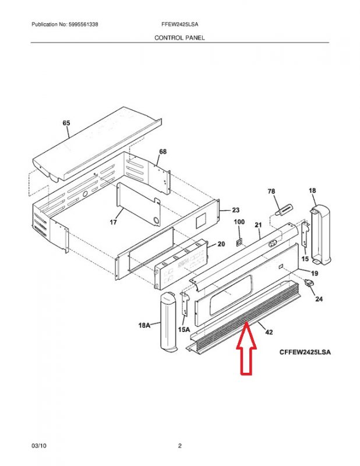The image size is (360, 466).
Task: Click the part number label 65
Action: pyautogui.click(x=66, y=123)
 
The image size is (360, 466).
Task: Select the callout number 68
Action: pyautogui.click(x=163, y=151)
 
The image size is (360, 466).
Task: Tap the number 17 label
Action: pyautogui.click(x=113, y=222)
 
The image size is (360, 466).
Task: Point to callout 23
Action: pyautogui.click(x=236, y=210)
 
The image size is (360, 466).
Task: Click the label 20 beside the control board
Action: pyautogui.click(x=221, y=244)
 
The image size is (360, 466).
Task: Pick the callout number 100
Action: pyautogui.click(x=239, y=222)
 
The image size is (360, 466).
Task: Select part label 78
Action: pyautogui.click(x=271, y=192)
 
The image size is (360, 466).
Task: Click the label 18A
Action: pyautogui.click(x=144, y=326)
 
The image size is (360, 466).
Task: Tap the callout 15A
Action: pyautogui.click(x=183, y=329)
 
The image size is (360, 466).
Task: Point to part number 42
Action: pyautogui.click(x=269, y=332)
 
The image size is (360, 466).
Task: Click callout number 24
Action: pyautogui.click(x=319, y=299)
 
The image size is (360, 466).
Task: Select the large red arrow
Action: pyautogui.click(x=246, y=348)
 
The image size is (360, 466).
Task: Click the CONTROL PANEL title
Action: pyautogui.click(x=179, y=38)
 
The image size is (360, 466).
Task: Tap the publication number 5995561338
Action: pyautogui.click(x=83, y=24)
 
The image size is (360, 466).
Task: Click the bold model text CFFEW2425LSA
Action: pyautogui.click(x=305, y=352)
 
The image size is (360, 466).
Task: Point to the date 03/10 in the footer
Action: pyautogui.click(x=39, y=446)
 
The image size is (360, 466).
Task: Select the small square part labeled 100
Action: pyautogui.click(x=239, y=243)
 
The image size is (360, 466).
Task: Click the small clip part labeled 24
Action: pyautogui.click(x=309, y=283)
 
